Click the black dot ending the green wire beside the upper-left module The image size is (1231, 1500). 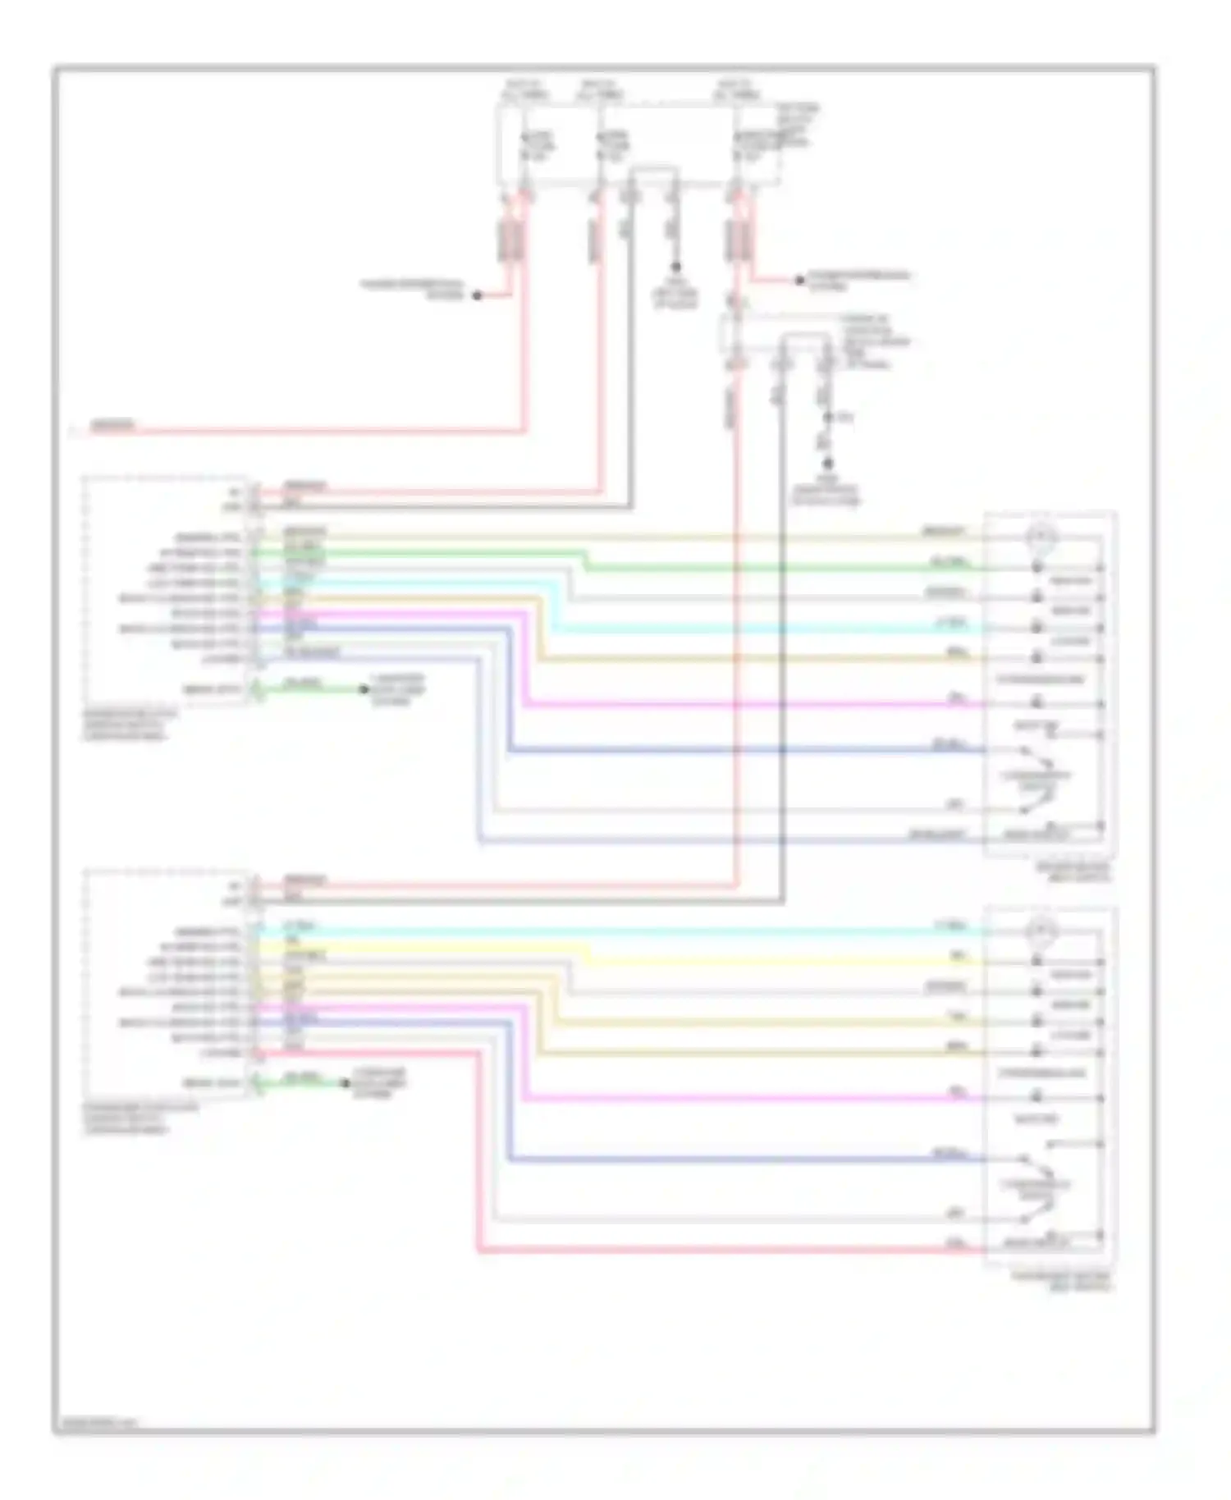pyautogui.click(x=364, y=689)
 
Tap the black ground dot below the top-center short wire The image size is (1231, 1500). pyautogui.click(x=675, y=267)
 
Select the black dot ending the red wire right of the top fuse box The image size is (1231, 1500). pyautogui.click(x=799, y=281)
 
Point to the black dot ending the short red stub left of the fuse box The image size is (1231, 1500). pyautogui.click(x=477, y=295)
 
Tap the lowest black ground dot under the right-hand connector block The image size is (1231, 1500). pyautogui.click(x=827, y=464)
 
